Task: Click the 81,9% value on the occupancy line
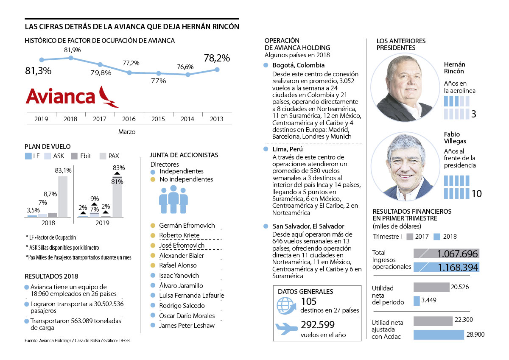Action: (x=73, y=50)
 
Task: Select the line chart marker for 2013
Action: (x=217, y=70)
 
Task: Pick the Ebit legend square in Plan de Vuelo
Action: (x=75, y=156)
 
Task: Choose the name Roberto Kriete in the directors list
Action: (x=179, y=235)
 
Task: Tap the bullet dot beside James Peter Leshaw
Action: (x=153, y=326)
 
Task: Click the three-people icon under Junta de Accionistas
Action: (x=173, y=199)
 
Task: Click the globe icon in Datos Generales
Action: (x=285, y=305)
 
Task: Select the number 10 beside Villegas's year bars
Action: (x=476, y=194)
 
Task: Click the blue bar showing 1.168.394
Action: (x=446, y=267)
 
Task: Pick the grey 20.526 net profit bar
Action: (x=431, y=287)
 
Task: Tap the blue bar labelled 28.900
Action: (x=439, y=335)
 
